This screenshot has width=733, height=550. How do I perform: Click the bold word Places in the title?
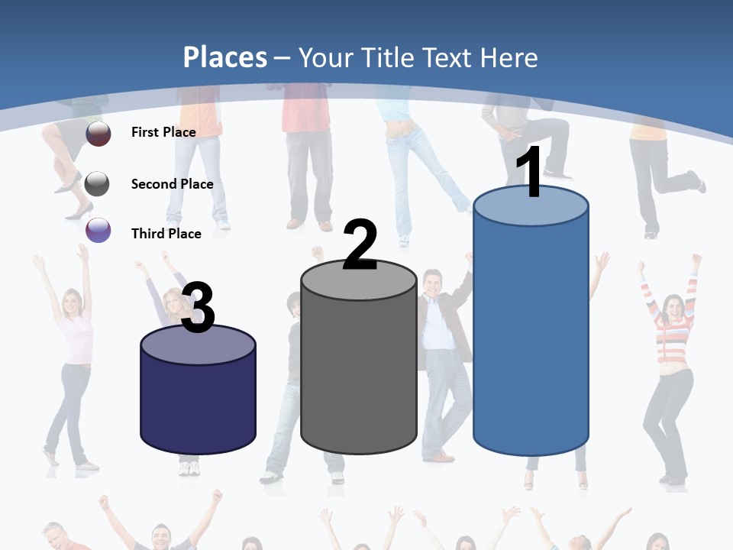(225, 57)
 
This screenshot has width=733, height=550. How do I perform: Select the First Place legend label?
(163, 132)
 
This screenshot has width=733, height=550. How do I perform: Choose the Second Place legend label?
(172, 183)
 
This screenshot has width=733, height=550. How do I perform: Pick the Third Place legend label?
(166, 234)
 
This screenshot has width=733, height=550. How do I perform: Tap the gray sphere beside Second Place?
(98, 183)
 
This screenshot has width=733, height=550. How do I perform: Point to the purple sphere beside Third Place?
(98, 230)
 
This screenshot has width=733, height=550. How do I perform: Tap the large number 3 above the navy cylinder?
(198, 308)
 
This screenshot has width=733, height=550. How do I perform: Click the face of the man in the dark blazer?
(433, 287)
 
